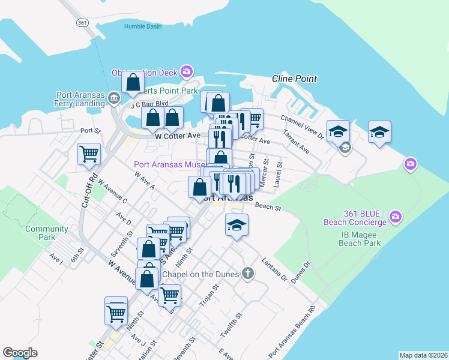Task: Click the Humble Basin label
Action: pos(143,26)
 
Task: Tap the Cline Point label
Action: pos(294,79)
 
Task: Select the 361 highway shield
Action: pos(83,22)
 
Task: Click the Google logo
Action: pos(20,353)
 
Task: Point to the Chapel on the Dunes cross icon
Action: pos(247,274)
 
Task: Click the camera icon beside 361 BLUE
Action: pos(396,216)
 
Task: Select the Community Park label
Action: pos(46,233)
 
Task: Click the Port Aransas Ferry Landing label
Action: pos(80,99)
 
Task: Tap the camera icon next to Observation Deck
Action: pos(187,73)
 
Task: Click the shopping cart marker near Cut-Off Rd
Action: pos(89,154)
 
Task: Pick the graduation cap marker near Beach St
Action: pos(237,225)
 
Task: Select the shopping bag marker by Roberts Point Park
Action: pos(133,82)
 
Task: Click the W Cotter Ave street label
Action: pos(177,136)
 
